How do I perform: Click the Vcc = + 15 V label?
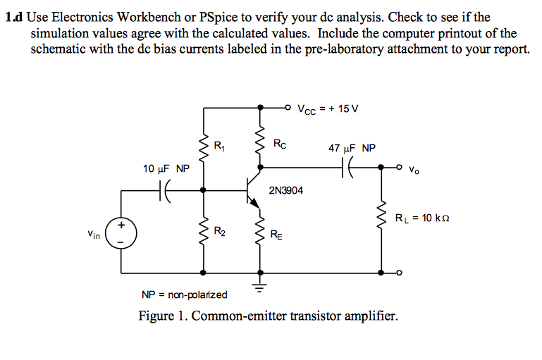(328, 109)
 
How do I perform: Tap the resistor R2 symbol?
(204, 231)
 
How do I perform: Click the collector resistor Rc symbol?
(261, 144)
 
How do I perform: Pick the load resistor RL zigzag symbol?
(383, 217)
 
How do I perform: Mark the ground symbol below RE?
(261, 285)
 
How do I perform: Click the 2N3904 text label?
(286, 190)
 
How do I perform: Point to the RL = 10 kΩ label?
(422, 218)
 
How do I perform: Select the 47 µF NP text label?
(352, 149)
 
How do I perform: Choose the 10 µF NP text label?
(166, 169)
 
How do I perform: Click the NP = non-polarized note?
(185, 294)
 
